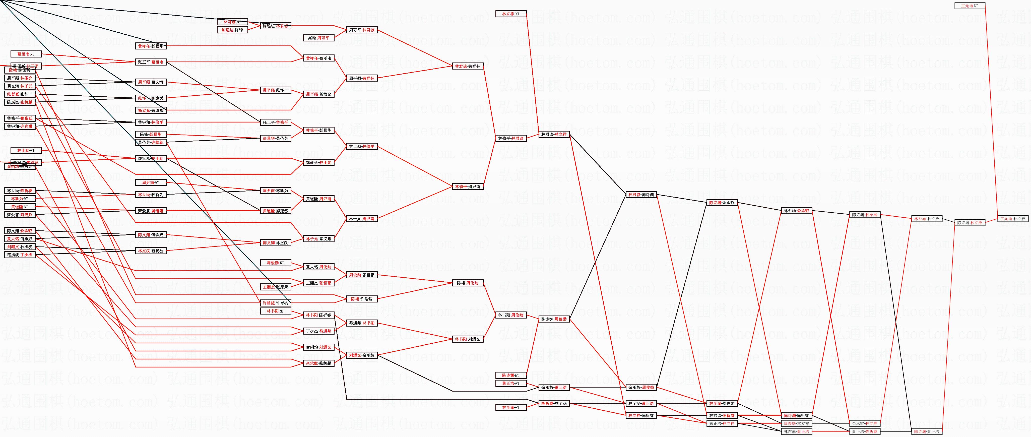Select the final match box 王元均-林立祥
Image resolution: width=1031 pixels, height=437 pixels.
pyautogui.click(x=1013, y=219)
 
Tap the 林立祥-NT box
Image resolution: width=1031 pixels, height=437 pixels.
pyautogui.click(x=511, y=14)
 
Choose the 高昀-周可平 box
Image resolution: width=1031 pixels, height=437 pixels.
pyautogui.click(x=318, y=38)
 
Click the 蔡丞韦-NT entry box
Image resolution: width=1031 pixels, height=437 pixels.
pyautogui.click(x=26, y=54)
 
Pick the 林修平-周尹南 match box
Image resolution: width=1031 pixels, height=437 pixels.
pyautogui.click(x=468, y=186)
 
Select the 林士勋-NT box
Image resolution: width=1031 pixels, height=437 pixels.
pyautogui.click(x=26, y=150)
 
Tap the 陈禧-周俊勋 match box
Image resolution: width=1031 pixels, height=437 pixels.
pyautogui.click(x=468, y=283)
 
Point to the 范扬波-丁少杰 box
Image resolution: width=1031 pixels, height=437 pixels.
pyautogui.click(x=20, y=255)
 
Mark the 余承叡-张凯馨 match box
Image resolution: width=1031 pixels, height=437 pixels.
pyautogui.click(x=318, y=363)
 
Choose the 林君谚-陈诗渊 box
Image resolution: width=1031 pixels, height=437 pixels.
pyautogui.click(x=641, y=195)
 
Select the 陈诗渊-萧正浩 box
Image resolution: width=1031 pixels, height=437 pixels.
pyautogui.click(x=926, y=432)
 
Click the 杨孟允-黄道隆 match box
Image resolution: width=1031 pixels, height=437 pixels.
pyautogui.click(x=151, y=110)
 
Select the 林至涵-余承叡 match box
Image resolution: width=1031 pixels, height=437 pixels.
pyautogui.click(x=796, y=211)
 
